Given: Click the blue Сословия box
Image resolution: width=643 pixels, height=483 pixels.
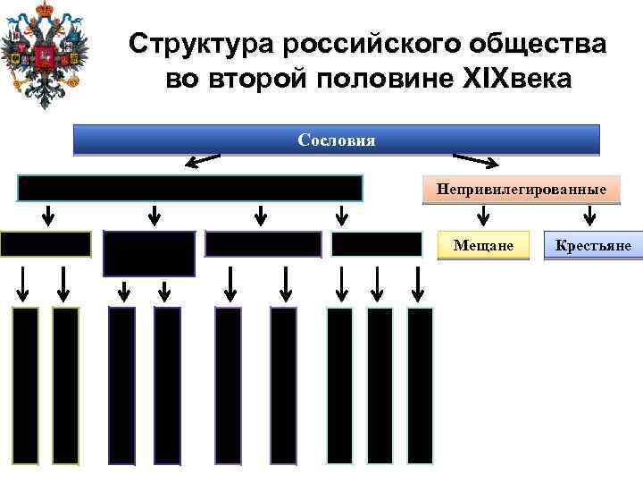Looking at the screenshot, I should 336,140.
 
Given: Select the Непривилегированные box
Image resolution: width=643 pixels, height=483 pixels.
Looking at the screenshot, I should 521,190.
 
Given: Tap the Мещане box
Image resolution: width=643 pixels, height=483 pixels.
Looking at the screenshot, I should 483,245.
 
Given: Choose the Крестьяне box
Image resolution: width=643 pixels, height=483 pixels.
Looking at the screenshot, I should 592,245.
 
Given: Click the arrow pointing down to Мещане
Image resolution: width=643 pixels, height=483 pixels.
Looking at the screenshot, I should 483,215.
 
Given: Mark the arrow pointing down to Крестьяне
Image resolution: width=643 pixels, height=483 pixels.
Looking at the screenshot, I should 589,215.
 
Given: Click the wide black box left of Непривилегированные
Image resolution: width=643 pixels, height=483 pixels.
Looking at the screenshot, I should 190,189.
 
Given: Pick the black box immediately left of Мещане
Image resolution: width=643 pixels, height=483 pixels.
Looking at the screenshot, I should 376,244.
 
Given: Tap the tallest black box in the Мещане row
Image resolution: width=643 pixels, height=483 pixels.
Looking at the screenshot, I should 149,253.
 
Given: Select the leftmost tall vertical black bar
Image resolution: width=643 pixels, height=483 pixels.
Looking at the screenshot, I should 26,386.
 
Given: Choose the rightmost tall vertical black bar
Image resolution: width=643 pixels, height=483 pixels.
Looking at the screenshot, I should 420,386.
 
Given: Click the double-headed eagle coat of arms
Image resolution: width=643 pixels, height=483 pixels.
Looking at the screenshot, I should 39,54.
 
